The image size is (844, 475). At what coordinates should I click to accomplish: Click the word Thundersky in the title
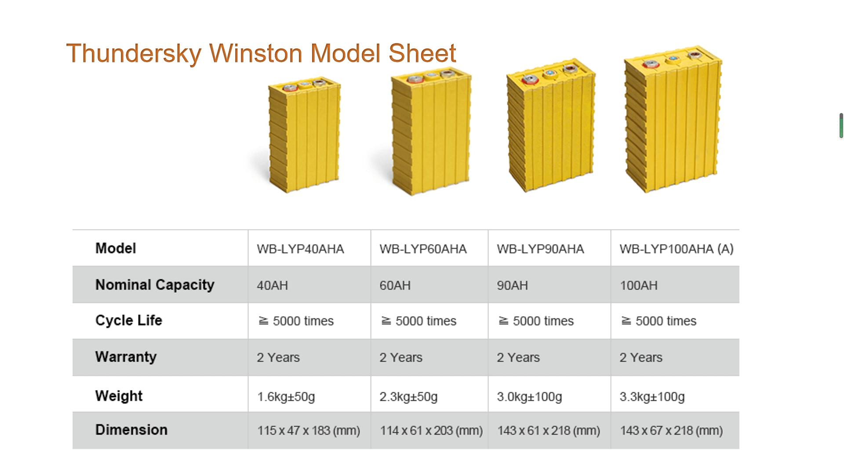pos(134,53)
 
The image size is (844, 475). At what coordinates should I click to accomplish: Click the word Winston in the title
pos(256,53)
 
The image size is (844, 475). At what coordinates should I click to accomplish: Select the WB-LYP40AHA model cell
pos(300,249)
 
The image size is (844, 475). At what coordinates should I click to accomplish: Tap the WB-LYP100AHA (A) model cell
pos(676,249)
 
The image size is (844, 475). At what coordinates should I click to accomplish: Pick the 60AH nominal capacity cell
pos(395,285)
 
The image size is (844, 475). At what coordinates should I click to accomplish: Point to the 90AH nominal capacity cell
pos(512,285)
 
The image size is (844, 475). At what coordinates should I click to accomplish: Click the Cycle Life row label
pos(128,320)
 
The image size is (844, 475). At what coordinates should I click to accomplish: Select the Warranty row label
pos(126,357)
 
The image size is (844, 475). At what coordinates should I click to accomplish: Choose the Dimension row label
pos(131,430)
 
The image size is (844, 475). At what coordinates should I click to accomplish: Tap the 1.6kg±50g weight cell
pos(286,397)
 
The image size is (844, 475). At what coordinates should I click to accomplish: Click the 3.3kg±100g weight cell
pos(652,397)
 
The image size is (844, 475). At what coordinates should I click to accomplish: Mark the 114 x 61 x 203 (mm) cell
pos(431,431)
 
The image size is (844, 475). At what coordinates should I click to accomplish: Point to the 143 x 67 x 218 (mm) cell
pos(671,431)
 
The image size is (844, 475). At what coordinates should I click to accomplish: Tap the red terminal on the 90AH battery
pos(530,80)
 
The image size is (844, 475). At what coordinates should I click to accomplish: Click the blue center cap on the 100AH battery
pos(672,58)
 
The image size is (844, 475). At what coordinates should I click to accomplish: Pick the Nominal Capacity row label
pos(155,285)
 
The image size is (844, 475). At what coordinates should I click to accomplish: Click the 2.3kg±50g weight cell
pos(408,397)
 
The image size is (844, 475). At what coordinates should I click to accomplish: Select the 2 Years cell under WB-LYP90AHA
pos(518,358)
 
